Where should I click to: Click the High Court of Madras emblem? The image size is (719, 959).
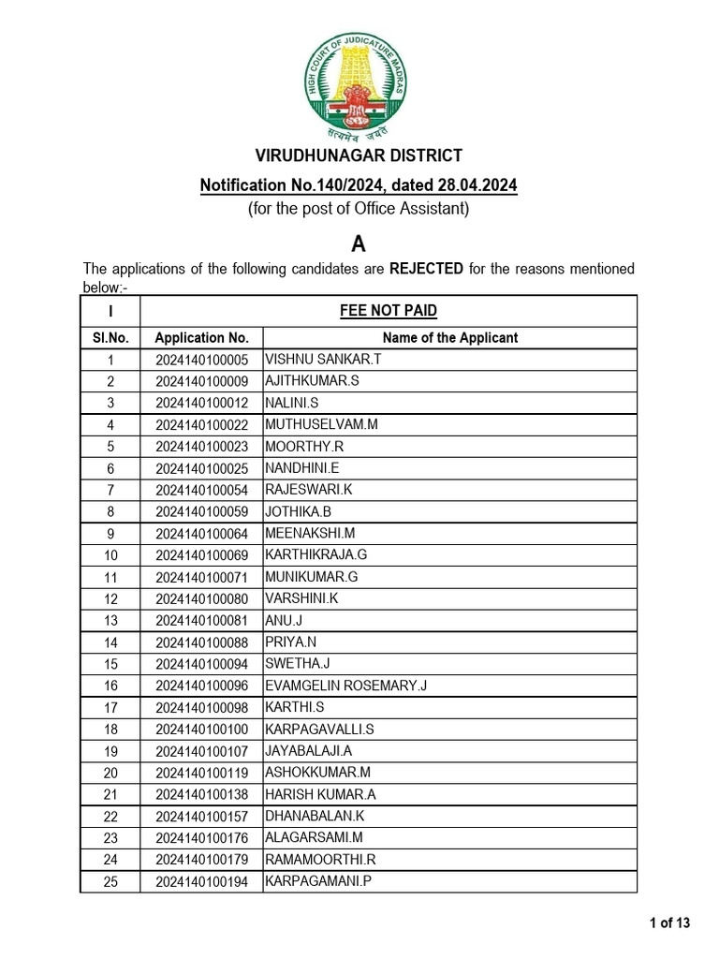[x=359, y=89]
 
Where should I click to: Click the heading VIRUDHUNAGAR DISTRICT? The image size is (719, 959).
[x=359, y=155]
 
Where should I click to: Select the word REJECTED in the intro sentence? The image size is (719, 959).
[x=426, y=269]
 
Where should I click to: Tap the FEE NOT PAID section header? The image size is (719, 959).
[x=389, y=311]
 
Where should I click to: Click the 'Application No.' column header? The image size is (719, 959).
[x=201, y=338]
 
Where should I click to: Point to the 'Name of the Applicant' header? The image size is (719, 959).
[x=449, y=338]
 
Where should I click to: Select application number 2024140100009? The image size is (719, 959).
[x=201, y=381]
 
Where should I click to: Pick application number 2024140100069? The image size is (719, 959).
[x=201, y=555]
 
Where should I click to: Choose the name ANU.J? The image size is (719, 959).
[x=285, y=620]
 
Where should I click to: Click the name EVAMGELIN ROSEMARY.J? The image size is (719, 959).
[x=345, y=686]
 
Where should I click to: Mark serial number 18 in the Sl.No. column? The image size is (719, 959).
[x=110, y=730]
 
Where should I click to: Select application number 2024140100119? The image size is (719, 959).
[x=201, y=773]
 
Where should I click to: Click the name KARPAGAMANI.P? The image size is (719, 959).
[x=312, y=881]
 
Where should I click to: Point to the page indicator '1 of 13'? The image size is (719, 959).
[x=669, y=923]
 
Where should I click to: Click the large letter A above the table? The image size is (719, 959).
[x=358, y=243]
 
